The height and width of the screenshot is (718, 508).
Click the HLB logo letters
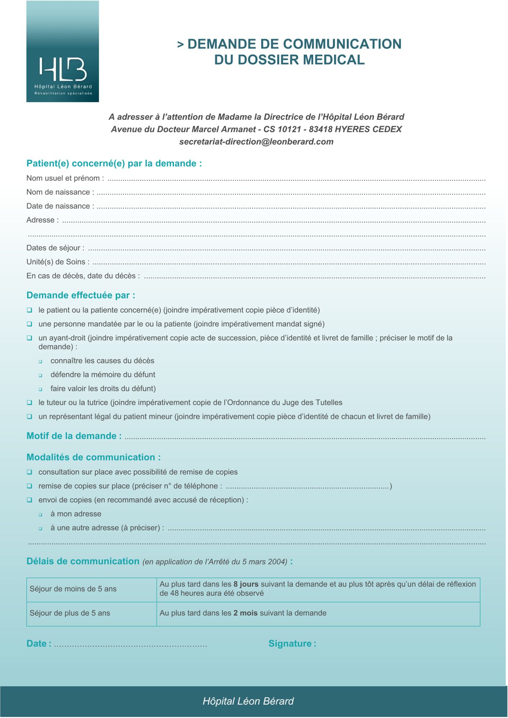coord(63,69)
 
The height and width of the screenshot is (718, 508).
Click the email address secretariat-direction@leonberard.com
coord(256,142)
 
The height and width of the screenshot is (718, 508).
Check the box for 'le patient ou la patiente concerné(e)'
coord(29,310)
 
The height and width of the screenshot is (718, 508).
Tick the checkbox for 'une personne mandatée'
coord(29,324)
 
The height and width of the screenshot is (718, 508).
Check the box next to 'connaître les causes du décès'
coord(41,362)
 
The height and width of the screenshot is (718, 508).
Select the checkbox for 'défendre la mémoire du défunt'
coord(41,376)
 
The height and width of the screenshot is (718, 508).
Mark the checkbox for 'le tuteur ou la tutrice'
coord(29,403)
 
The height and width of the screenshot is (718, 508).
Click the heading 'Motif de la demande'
coord(74,436)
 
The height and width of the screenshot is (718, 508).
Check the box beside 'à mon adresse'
coord(41,515)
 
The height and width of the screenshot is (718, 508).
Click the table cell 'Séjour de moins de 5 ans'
coord(73,589)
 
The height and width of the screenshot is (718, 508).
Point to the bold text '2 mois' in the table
coord(245,613)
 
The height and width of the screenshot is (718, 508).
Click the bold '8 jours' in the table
coord(246,584)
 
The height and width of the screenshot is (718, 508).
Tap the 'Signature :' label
coord(292,644)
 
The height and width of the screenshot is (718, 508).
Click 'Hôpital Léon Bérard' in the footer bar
coord(248,701)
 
